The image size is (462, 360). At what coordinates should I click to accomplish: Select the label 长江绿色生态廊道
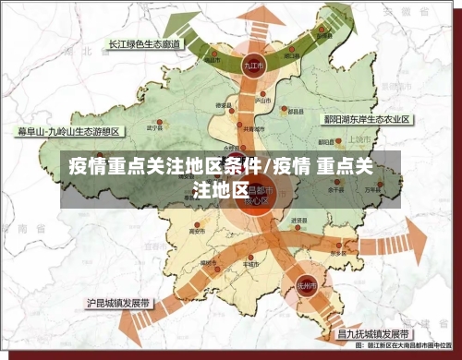[144, 43]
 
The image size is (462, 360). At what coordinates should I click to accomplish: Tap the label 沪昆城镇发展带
[120, 301]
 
